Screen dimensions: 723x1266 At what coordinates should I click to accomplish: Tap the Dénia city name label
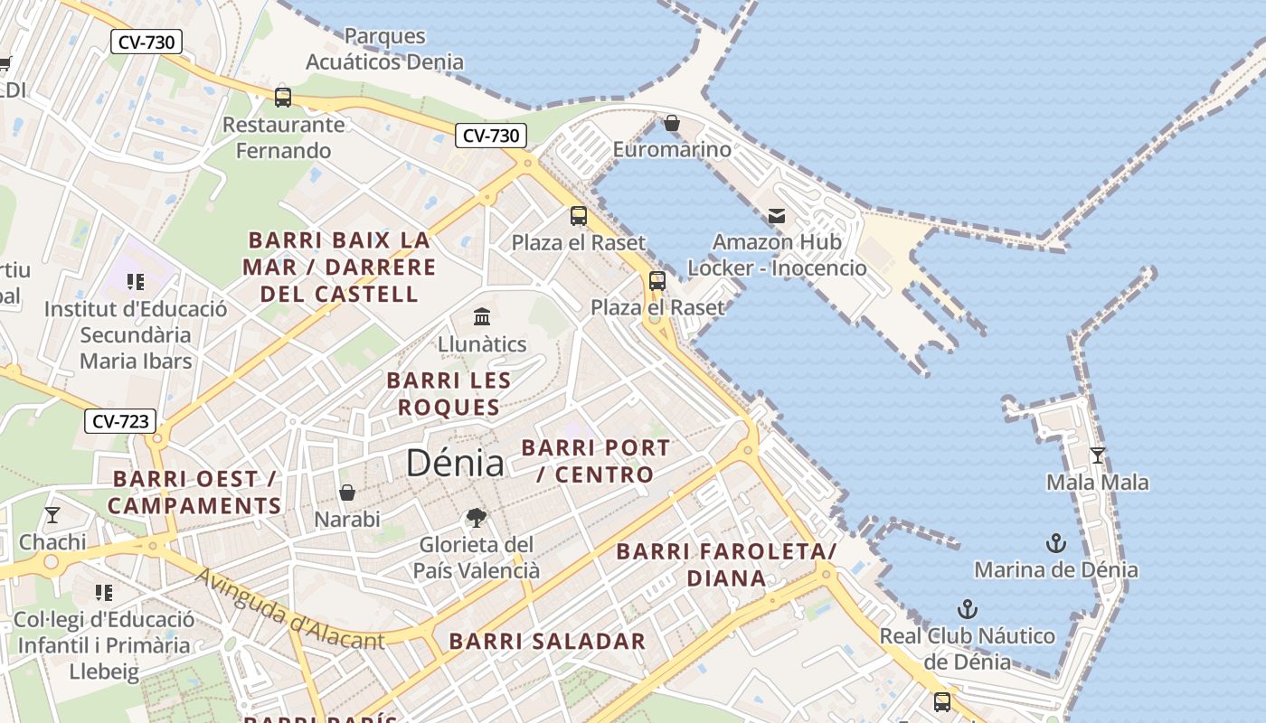coord(455,463)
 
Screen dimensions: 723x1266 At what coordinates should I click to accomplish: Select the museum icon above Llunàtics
coord(482,317)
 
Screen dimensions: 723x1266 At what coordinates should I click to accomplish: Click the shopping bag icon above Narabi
coord(347,493)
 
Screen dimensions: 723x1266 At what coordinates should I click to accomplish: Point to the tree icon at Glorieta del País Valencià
coord(476,518)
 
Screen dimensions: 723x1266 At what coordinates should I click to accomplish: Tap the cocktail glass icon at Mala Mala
coord(1098,455)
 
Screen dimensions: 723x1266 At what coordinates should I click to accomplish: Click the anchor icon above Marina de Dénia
coord(1055,543)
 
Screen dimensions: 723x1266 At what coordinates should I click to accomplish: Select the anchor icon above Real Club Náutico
coord(968,608)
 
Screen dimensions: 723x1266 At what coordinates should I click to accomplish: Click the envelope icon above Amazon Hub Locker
coord(777,216)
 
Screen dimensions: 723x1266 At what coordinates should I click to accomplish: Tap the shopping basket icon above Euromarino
coord(672,123)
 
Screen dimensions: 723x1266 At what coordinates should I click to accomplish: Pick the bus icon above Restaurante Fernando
coord(283,98)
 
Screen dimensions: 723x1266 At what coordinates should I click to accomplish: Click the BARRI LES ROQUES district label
coord(449,394)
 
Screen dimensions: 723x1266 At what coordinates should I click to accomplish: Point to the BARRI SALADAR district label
coord(547,642)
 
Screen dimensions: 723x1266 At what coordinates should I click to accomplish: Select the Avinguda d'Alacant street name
coord(289,609)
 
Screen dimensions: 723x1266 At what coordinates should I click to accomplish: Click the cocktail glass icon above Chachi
coord(52,515)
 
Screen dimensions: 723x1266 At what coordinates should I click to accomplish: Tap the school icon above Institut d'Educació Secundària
coord(136,282)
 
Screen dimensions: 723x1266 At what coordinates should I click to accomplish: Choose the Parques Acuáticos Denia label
coord(385,49)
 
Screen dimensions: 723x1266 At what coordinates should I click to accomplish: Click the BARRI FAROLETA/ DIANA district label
coord(726,565)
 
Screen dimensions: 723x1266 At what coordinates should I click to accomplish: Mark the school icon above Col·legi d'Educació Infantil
coord(104,593)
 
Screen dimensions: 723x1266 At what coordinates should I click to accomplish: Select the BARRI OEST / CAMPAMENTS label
coord(194,493)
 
